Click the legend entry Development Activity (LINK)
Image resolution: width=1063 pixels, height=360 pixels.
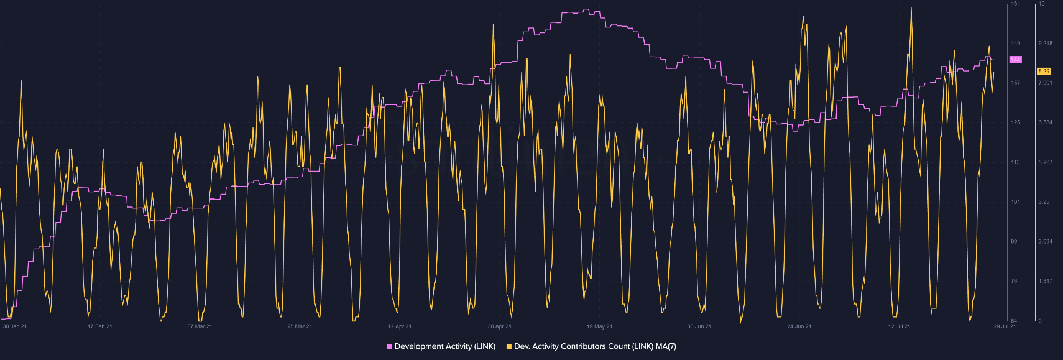(444, 346)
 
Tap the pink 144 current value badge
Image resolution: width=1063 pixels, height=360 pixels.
(1015, 60)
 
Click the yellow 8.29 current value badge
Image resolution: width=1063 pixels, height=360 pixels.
(1044, 72)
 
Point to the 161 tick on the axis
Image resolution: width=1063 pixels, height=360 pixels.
(1015, 4)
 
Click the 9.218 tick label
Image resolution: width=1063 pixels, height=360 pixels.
(1045, 44)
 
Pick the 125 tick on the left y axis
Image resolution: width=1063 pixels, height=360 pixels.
(1015, 122)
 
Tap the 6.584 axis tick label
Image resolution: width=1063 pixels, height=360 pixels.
(1045, 122)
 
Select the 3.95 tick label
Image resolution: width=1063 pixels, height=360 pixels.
(1044, 202)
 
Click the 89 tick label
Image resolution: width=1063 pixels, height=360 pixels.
(1014, 241)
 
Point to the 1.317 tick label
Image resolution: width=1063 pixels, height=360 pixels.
(1045, 281)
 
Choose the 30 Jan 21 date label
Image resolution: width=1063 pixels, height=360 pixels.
(15, 326)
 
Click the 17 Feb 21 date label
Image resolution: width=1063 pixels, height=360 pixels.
(100, 326)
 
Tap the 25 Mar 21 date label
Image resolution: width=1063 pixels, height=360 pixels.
(300, 326)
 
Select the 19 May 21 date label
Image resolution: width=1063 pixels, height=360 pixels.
(599, 326)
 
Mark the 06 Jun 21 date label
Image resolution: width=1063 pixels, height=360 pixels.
(699, 326)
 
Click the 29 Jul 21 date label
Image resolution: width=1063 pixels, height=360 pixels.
(1005, 326)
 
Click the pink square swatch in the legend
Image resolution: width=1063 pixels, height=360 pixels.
(389, 346)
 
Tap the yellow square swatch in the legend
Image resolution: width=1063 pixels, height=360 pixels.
(509, 346)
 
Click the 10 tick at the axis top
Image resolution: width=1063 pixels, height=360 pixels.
(1042, 4)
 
